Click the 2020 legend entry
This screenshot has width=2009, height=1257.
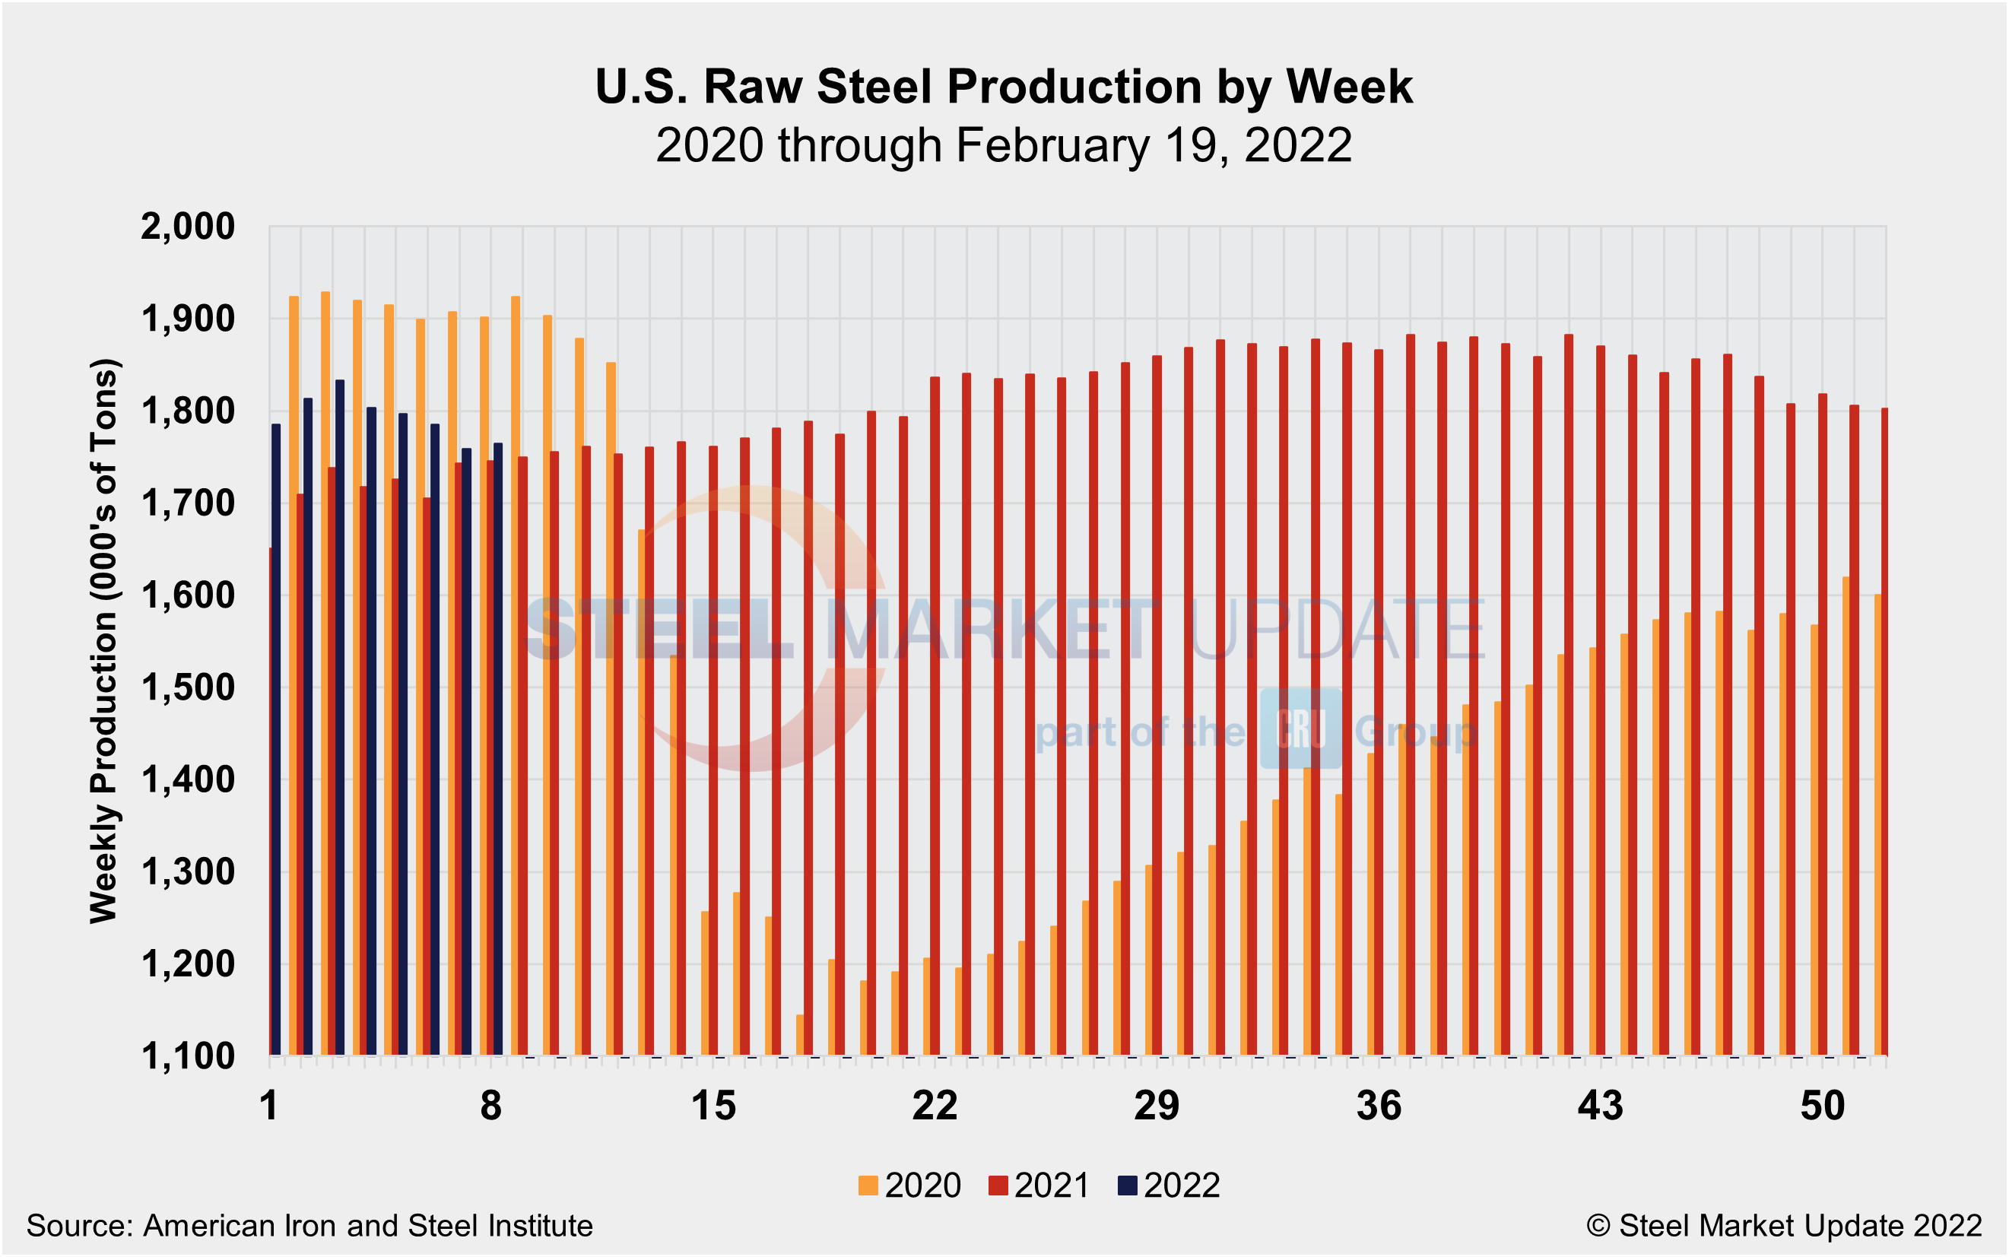909,1185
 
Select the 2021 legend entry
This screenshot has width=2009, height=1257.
1039,1185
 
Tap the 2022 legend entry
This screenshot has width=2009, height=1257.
1169,1185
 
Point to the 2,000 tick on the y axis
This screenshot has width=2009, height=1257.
188,226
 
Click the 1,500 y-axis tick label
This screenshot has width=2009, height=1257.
188,688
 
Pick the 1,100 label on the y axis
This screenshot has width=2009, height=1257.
188,1057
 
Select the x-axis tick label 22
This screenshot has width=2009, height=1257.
935,1106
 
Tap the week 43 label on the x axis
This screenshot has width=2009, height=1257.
1600,1106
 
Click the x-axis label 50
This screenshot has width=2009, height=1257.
1822,1106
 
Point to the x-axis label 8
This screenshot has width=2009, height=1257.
491,1106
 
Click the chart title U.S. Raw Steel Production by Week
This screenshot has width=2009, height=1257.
1004,87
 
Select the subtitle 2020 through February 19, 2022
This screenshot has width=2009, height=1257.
1004,145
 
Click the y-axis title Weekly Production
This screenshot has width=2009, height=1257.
105,640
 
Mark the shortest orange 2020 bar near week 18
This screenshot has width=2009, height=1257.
800,1035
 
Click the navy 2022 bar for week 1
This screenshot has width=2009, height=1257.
276,740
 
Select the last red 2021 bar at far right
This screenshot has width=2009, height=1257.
1884,732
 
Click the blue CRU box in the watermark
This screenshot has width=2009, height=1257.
1300,728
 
